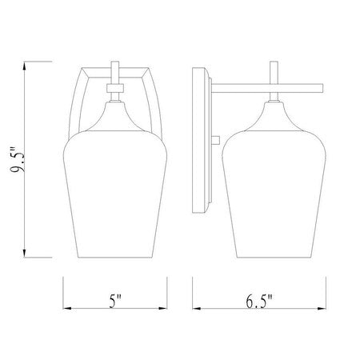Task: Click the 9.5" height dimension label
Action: [17, 159]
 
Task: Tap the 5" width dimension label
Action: [115, 301]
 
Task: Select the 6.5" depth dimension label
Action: [259, 302]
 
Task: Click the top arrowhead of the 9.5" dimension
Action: [25, 66]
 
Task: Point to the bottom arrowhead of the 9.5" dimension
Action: [25, 254]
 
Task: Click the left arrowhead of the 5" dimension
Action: [67, 308]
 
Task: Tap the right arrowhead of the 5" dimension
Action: [162, 308]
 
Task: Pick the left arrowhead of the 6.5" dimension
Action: [197, 309]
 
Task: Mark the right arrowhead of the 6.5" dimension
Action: [322, 309]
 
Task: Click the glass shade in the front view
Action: [115, 194]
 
